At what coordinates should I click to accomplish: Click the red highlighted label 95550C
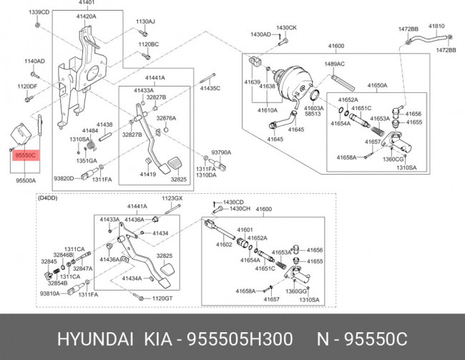pyautogui.click(x=25, y=155)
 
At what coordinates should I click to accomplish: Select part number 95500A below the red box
pyautogui.click(x=25, y=182)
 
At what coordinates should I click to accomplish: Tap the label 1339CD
pyautogui.click(x=39, y=13)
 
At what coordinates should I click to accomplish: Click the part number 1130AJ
pyautogui.click(x=147, y=21)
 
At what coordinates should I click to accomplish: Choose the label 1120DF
pyautogui.click(x=26, y=87)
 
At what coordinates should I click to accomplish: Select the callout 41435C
pyautogui.click(x=210, y=88)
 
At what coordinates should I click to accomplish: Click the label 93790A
pyautogui.click(x=222, y=153)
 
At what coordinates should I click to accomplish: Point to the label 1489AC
pyautogui.click(x=335, y=64)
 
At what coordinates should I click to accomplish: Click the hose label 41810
pyautogui.click(x=436, y=26)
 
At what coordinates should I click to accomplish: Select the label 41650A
pyautogui.click(x=377, y=85)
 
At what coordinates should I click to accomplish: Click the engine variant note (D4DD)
pyautogui.click(x=47, y=198)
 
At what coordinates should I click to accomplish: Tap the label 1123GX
pyautogui.click(x=172, y=198)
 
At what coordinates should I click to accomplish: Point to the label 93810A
pyautogui.click(x=50, y=293)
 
